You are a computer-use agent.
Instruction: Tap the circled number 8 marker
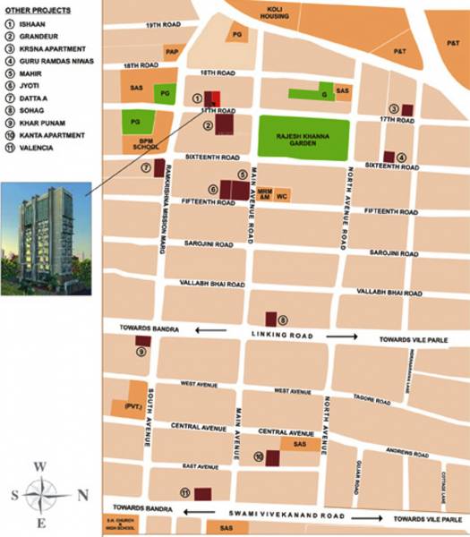283,320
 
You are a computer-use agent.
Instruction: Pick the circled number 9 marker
141,352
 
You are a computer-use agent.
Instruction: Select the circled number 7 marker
145,167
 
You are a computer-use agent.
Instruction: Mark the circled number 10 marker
258,456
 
